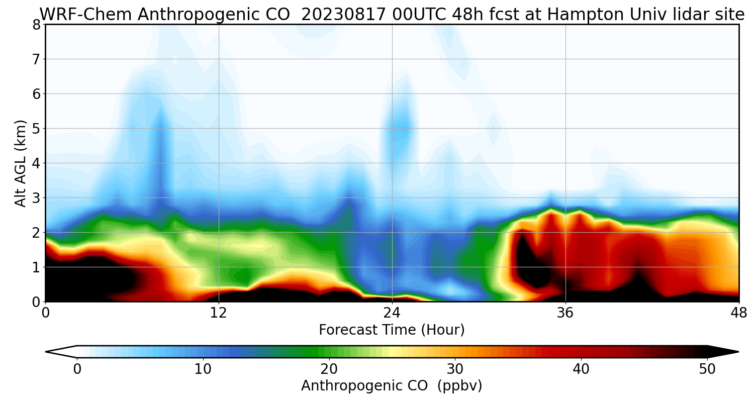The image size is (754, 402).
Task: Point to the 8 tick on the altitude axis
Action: coord(36,25)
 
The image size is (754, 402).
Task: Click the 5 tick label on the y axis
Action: coord(36,129)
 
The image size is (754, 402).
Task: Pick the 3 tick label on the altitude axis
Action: coord(36,198)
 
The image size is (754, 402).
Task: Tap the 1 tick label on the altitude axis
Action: coord(36,267)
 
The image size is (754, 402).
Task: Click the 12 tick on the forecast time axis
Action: coord(219,313)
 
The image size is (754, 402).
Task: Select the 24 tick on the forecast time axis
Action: coord(392,313)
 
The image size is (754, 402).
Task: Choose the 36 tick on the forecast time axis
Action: coord(565,313)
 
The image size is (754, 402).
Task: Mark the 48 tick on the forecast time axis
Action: coord(738,313)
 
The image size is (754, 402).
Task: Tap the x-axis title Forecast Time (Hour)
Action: coord(392,330)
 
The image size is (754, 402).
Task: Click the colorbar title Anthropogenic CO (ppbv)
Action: coord(392,386)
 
